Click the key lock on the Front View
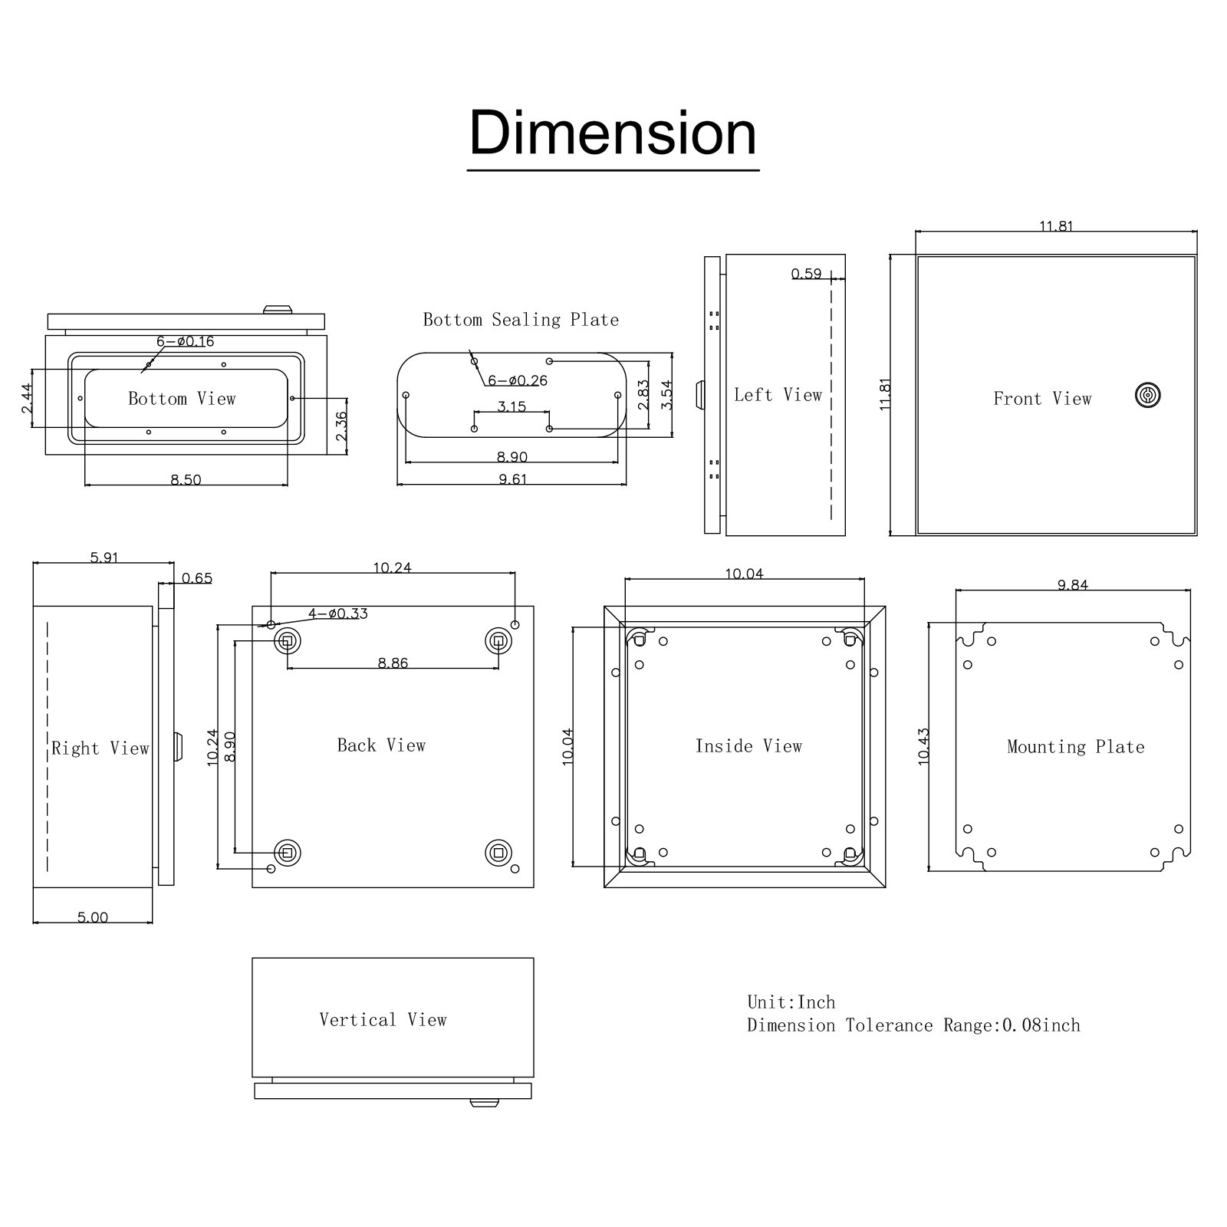pyautogui.click(x=1147, y=395)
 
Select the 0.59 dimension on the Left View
pyautogui.click(x=806, y=274)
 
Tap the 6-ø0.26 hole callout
pyautogui.click(x=517, y=380)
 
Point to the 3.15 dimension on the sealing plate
pyautogui.click(x=512, y=406)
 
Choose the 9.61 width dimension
pyautogui.click(x=512, y=479)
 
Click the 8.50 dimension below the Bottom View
pyautogui.click(x=186, y=480)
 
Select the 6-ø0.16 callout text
pyautogui.click(x=185, y=341)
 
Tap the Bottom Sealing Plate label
pyautogui.click(x=521, y=320)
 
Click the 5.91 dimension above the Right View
pyautogui.click(x=104, y=558)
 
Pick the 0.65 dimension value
pyautogui.click(x=197, y=578)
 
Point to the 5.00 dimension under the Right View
pyautogui.click(x=93, y=917)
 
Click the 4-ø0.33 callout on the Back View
pyautogui.click(x=337, y=613)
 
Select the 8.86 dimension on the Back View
pyautogui.click(x=393, y=663)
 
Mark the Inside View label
pyautogui.click(x=748, y=746)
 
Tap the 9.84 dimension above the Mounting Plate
pyautogui.click(x=1072, y=585)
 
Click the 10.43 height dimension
pyautogui.click(x=924, y=745)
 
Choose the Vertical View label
pyautogui.click(x=383, y=1020)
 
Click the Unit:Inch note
pyautogui.click(x=791, y=1002)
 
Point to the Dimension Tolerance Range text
pyautogui.click(x=913, y=1025)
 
